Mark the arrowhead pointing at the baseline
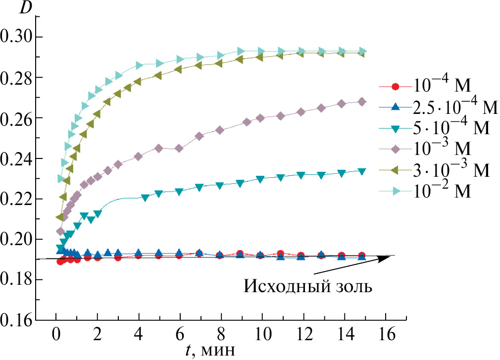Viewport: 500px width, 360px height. [386, 257]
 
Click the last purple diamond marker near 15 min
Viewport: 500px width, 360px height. [362, 102]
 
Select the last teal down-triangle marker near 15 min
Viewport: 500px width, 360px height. [362, 171]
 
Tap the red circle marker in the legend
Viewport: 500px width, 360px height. [395, 87]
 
